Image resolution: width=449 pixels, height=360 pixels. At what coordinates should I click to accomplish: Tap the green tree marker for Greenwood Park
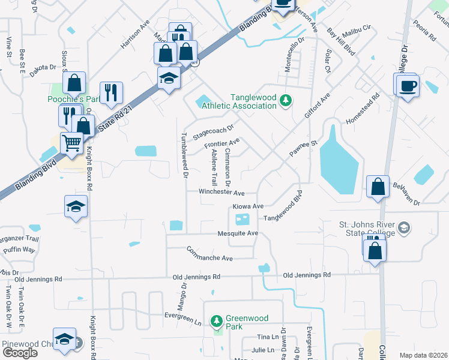tap(217, 322)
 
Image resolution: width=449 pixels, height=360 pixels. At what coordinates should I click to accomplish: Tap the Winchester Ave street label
tap(222, 193)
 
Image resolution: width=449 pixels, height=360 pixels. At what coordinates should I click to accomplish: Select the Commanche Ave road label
tap(209, 254)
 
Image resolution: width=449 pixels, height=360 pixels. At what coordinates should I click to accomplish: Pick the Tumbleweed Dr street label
tap(185, 155)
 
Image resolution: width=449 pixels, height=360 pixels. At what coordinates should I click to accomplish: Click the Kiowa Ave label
tap(248, 206)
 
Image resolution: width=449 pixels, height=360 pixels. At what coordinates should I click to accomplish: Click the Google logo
tap(20, 353)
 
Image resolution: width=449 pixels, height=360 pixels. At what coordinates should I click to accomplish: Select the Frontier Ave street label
tap(221, 143)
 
